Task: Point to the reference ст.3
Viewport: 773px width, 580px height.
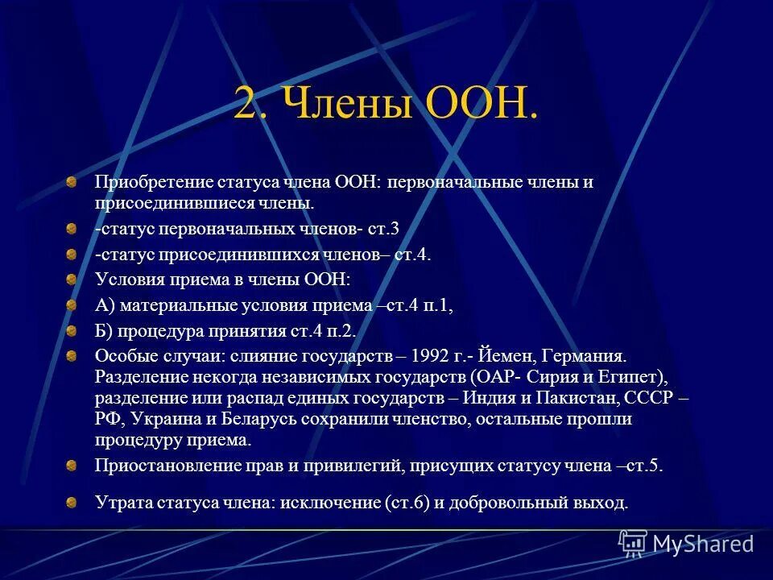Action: [383, 229]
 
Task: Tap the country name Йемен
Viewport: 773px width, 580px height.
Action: [505, 355]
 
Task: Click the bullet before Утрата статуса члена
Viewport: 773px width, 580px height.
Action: [72, 503]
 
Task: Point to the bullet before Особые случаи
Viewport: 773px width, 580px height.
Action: [72, 355]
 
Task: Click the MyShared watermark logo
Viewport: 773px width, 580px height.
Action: [687, 542]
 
